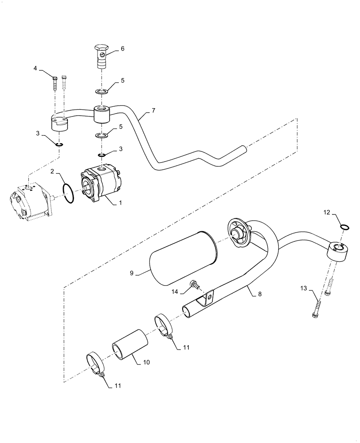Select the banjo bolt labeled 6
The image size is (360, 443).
[x=102, y=56]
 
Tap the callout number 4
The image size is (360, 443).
[x=35, y=68]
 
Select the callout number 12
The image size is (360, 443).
[x=326, y=213]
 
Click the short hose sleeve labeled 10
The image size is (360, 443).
[x=130, y=345]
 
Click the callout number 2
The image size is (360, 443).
[x=52, y=171]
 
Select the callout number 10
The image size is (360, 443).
[x=147, y=362]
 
